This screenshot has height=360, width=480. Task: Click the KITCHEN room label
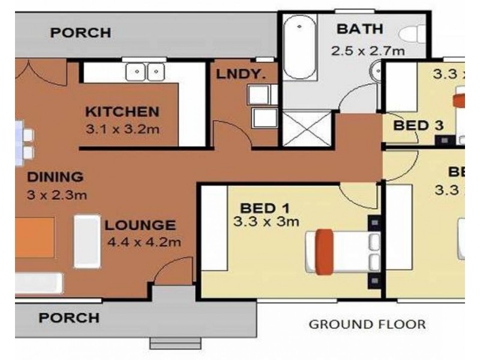pos(122,112)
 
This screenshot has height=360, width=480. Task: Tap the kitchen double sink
pos(146,72)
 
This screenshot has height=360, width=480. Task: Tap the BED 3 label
pos(418,125)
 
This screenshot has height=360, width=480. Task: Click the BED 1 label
pos(265,208)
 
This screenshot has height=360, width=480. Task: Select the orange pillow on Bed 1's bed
pos(325,249)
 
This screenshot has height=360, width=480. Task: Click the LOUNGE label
pos(140,226)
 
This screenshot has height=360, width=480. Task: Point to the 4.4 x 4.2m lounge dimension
pos(144,242)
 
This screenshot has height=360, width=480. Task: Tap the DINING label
pos(55,177)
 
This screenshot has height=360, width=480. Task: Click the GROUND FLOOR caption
pos(367,325)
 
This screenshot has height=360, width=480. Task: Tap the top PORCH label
pos(80,32)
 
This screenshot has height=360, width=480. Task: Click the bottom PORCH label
pos(69,317)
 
